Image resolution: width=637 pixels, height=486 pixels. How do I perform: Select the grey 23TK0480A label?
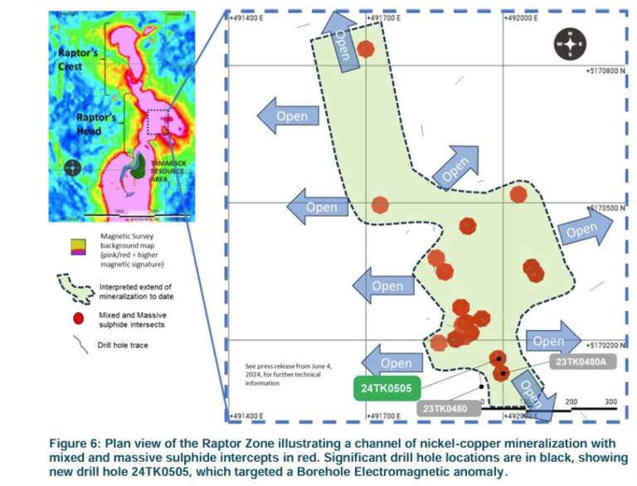coord(583,362)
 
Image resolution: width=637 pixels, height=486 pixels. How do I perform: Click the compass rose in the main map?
coord(570,44)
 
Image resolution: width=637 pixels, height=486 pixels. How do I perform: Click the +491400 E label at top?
coord(254,17)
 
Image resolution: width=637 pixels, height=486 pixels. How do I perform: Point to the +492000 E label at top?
coord(517,17)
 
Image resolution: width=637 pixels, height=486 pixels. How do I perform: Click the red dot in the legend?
coord(78,318)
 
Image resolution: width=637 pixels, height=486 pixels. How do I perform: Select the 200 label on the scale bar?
coord(571,402)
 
